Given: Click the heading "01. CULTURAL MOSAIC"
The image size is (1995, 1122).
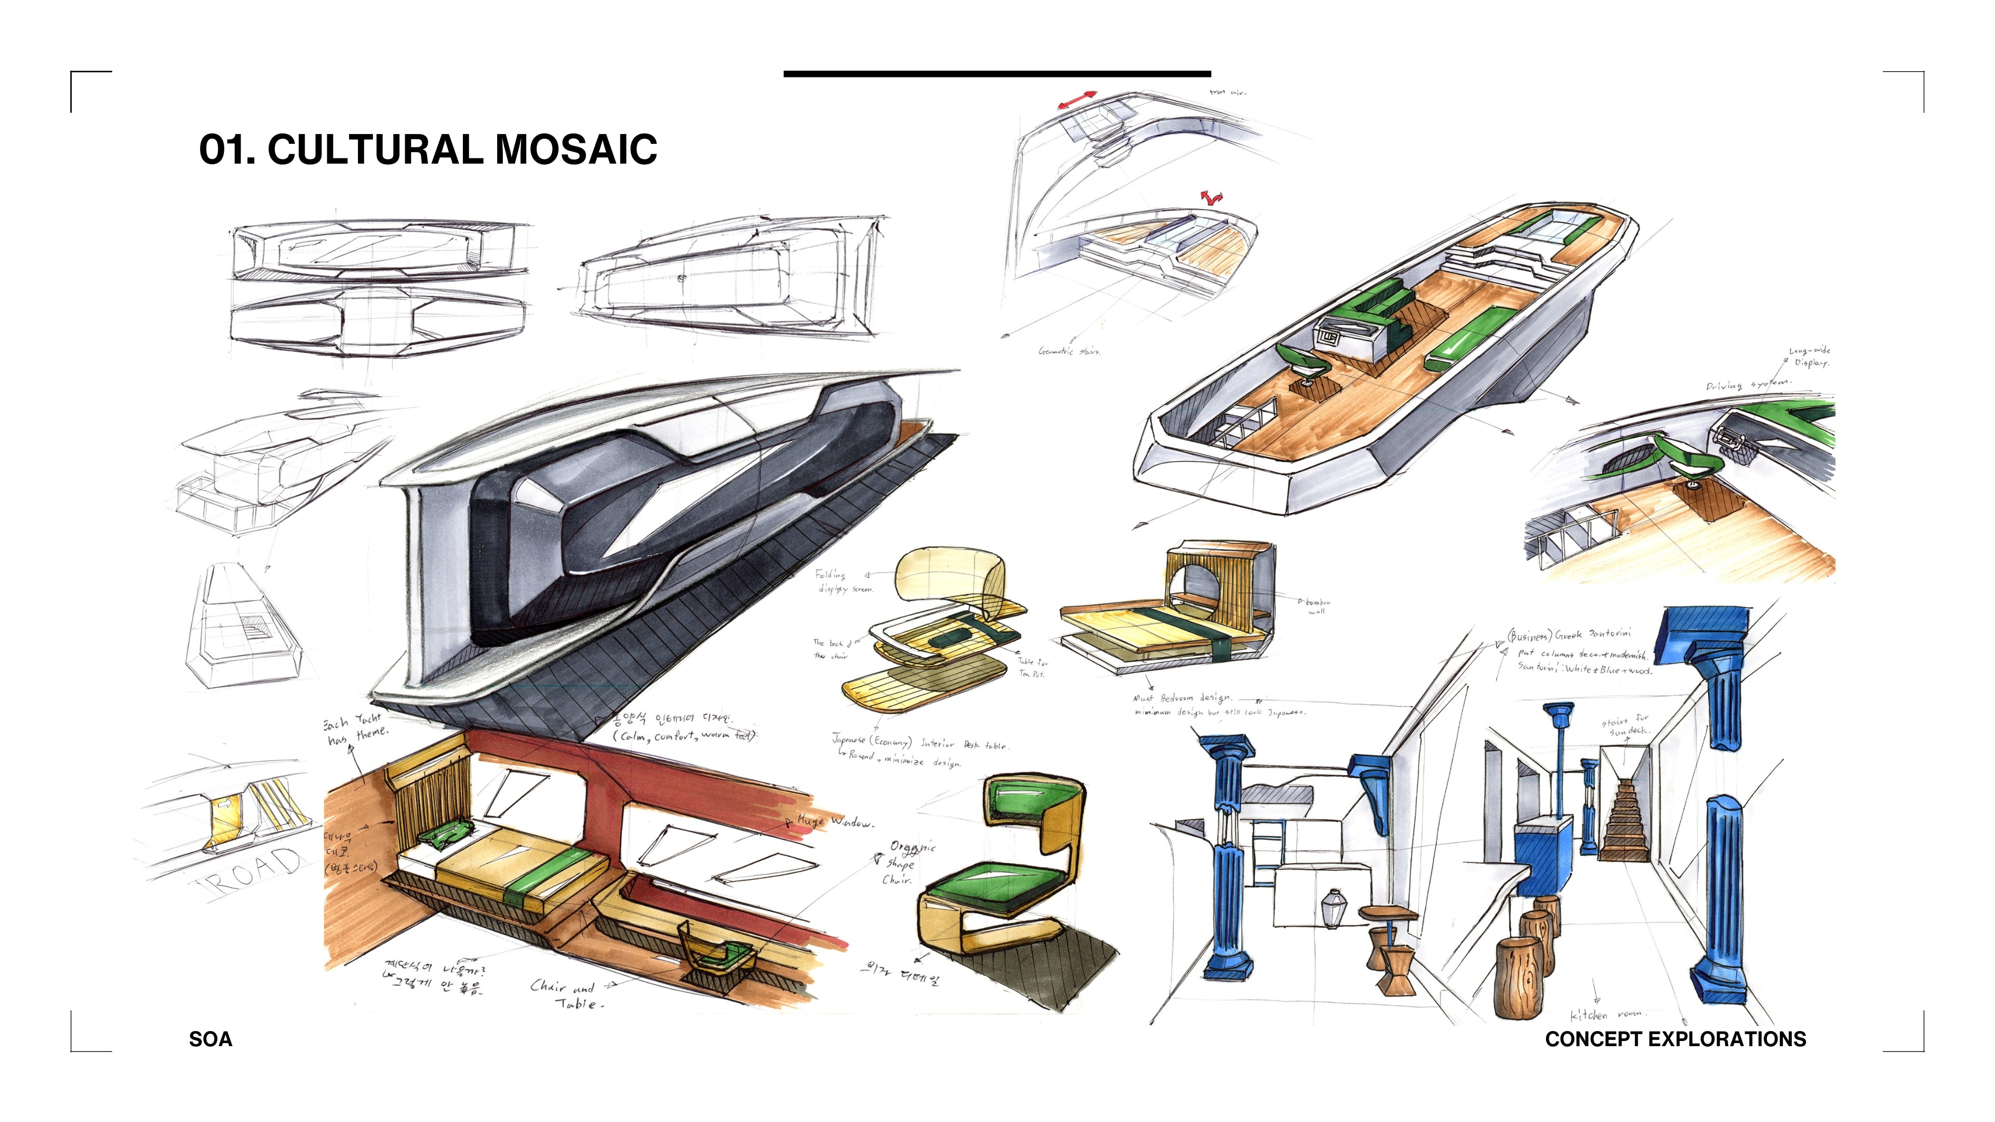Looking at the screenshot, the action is point(428,150).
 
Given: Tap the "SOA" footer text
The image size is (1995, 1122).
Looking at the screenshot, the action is point(210,1039).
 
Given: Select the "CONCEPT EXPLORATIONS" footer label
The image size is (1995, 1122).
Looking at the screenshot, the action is point(1675,1039).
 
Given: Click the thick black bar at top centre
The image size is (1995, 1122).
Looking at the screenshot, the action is point(997,74).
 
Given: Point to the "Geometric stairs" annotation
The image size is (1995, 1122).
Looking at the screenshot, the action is point(1069,351).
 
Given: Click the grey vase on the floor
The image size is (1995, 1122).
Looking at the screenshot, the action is point(1331,907).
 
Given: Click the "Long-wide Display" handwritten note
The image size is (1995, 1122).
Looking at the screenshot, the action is point(1810,356).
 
